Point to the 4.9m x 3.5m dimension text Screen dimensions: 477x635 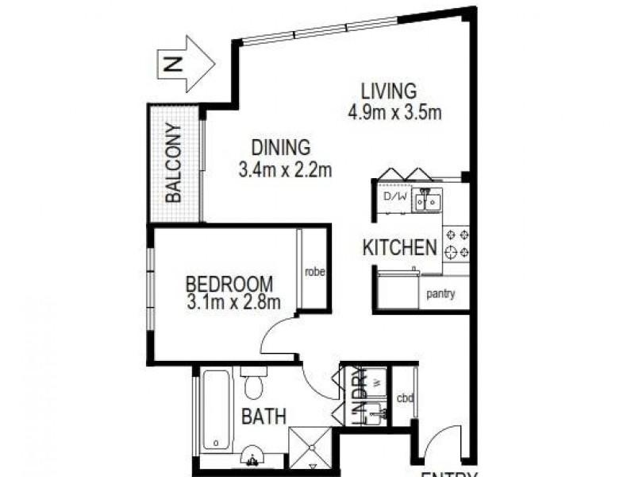coord(394,112)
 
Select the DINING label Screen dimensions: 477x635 coord(280,148)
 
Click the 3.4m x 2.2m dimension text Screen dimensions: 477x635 coord(284,170)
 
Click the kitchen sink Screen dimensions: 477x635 coord(426,201)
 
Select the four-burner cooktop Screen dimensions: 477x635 coord(456,243)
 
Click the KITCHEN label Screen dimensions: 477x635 coord(399,247)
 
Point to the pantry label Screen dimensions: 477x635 coord(441,294)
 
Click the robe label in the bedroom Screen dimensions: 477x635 coord(314,273)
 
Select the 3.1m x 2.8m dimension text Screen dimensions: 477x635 coord(233,303)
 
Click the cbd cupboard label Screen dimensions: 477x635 coord(405,398)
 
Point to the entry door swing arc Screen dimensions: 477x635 coord(443,442)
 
